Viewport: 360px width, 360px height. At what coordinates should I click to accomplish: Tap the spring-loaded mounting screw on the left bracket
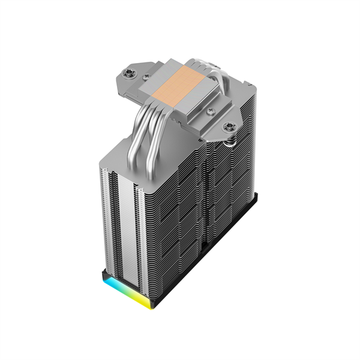pyautogui.click(x=127, y=74)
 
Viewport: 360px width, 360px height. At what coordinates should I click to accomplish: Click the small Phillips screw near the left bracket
pyautogui.click(x=145, y=77)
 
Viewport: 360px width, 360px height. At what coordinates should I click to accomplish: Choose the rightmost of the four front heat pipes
pyautogui.click(x=158, y=141)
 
